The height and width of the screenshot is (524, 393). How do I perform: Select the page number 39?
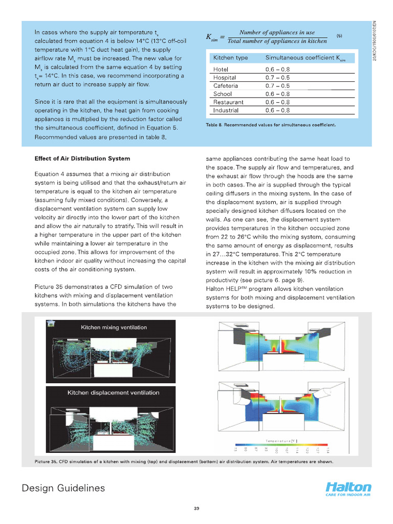pos(196,508)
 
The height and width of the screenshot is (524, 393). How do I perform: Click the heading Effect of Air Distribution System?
pos(82,159)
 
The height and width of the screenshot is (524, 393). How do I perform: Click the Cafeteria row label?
pos(225,86)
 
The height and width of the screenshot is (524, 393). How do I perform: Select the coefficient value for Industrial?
pos(277,110)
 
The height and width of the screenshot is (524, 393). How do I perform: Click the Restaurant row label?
pos(228,102)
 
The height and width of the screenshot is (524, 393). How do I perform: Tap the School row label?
pos(223,94)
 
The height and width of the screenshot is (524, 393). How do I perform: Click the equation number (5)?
pos(339,35)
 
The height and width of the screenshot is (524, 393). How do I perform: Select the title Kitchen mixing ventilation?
pos(114,327)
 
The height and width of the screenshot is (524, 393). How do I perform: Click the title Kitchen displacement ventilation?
pos(114,393)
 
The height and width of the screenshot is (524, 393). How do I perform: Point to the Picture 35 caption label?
pos(49,462)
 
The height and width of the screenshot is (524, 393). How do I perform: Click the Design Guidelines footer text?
pos(63,488)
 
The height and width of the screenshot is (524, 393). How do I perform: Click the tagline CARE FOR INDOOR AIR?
pos(346,495)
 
